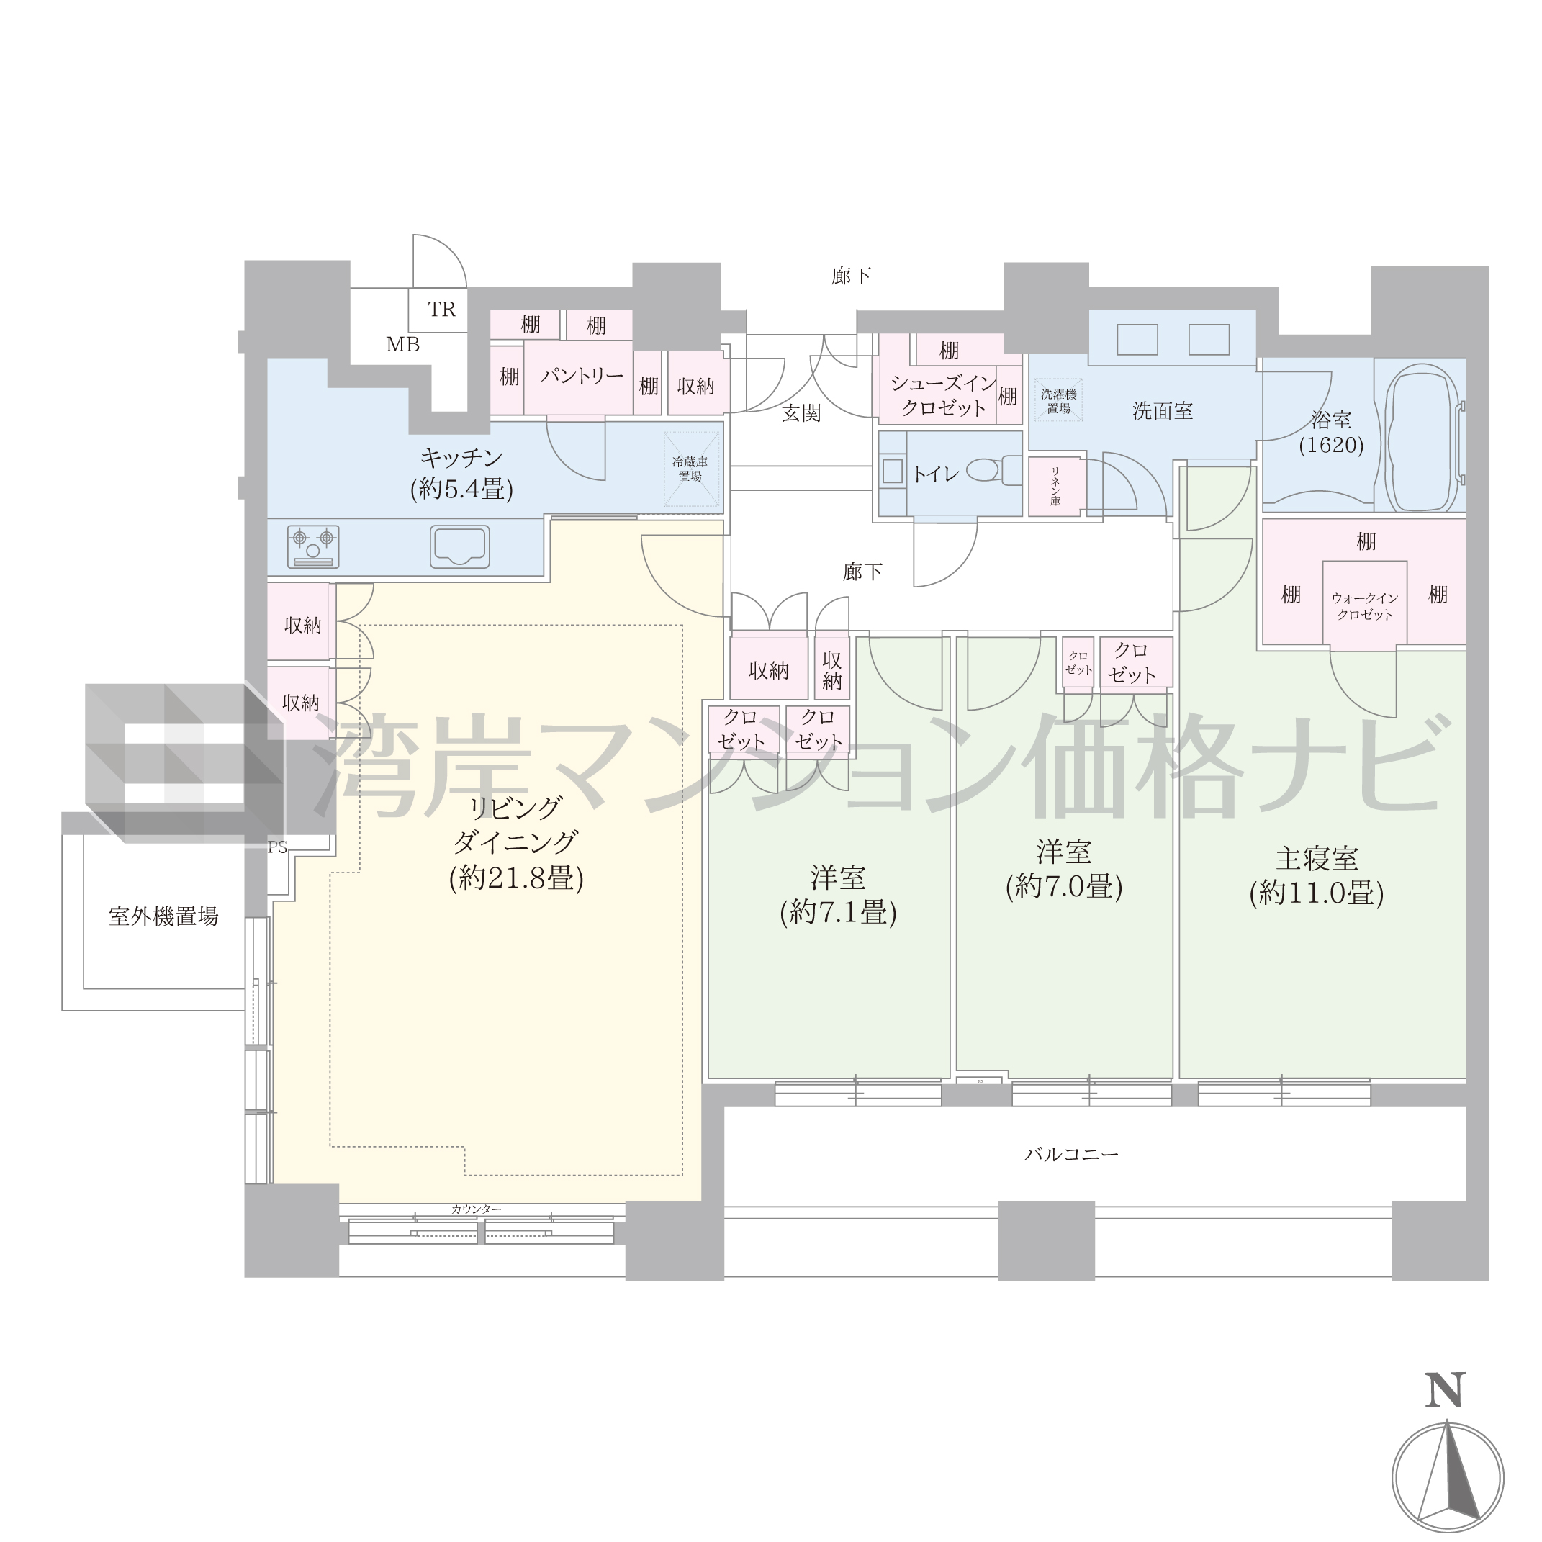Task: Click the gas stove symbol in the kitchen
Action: tap(313, 546)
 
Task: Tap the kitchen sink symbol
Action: tap(460, 546)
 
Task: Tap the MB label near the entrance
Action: tap(403, 345)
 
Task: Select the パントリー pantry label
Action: tap(582, 375)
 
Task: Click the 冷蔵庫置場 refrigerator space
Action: tap(690, 469)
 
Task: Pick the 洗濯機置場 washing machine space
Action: tap(1059, 401)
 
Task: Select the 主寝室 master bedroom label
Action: tap(1317, 859)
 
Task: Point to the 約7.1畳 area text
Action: tap(838, 912)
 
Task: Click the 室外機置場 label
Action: tap(163, 916)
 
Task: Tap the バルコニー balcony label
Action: tap(1072, 1154)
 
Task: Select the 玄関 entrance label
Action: tap(801, 412)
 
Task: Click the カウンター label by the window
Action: tap(477, 1209)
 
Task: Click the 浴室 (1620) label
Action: tap(1331, 433)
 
